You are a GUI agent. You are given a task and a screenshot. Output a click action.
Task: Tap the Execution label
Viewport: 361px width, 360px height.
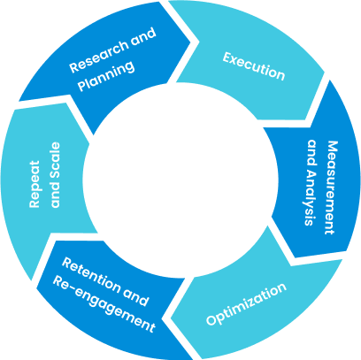(254, 66)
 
